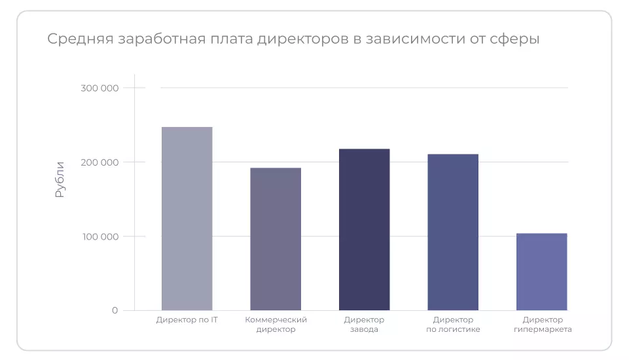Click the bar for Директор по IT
(187, 218)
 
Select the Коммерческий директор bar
(276, 239)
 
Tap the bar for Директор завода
(364, 229)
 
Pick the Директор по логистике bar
(453, 232)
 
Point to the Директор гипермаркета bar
(541, 272)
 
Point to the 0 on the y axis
(115, 310)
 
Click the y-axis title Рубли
(60, 179)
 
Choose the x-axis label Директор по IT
(187, 320)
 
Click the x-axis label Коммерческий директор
(276, 325)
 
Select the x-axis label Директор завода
(364, 325)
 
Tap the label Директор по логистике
(453, 325)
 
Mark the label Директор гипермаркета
(543, 325)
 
